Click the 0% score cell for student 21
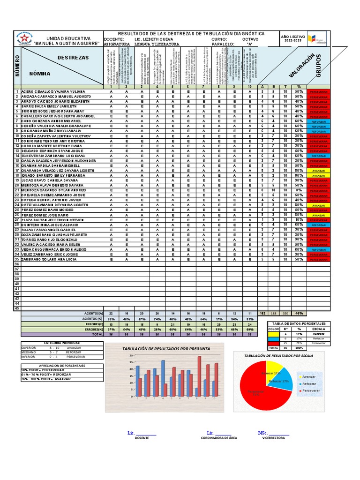coord(298,190)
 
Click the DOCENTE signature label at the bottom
coord(142,437)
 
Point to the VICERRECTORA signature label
coord(274,437)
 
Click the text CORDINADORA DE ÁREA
coord(219,437)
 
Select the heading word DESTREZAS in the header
coord(73,57)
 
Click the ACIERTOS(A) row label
coord(93,313)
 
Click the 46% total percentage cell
coord(298,313)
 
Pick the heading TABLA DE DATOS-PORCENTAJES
coord(299,323)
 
